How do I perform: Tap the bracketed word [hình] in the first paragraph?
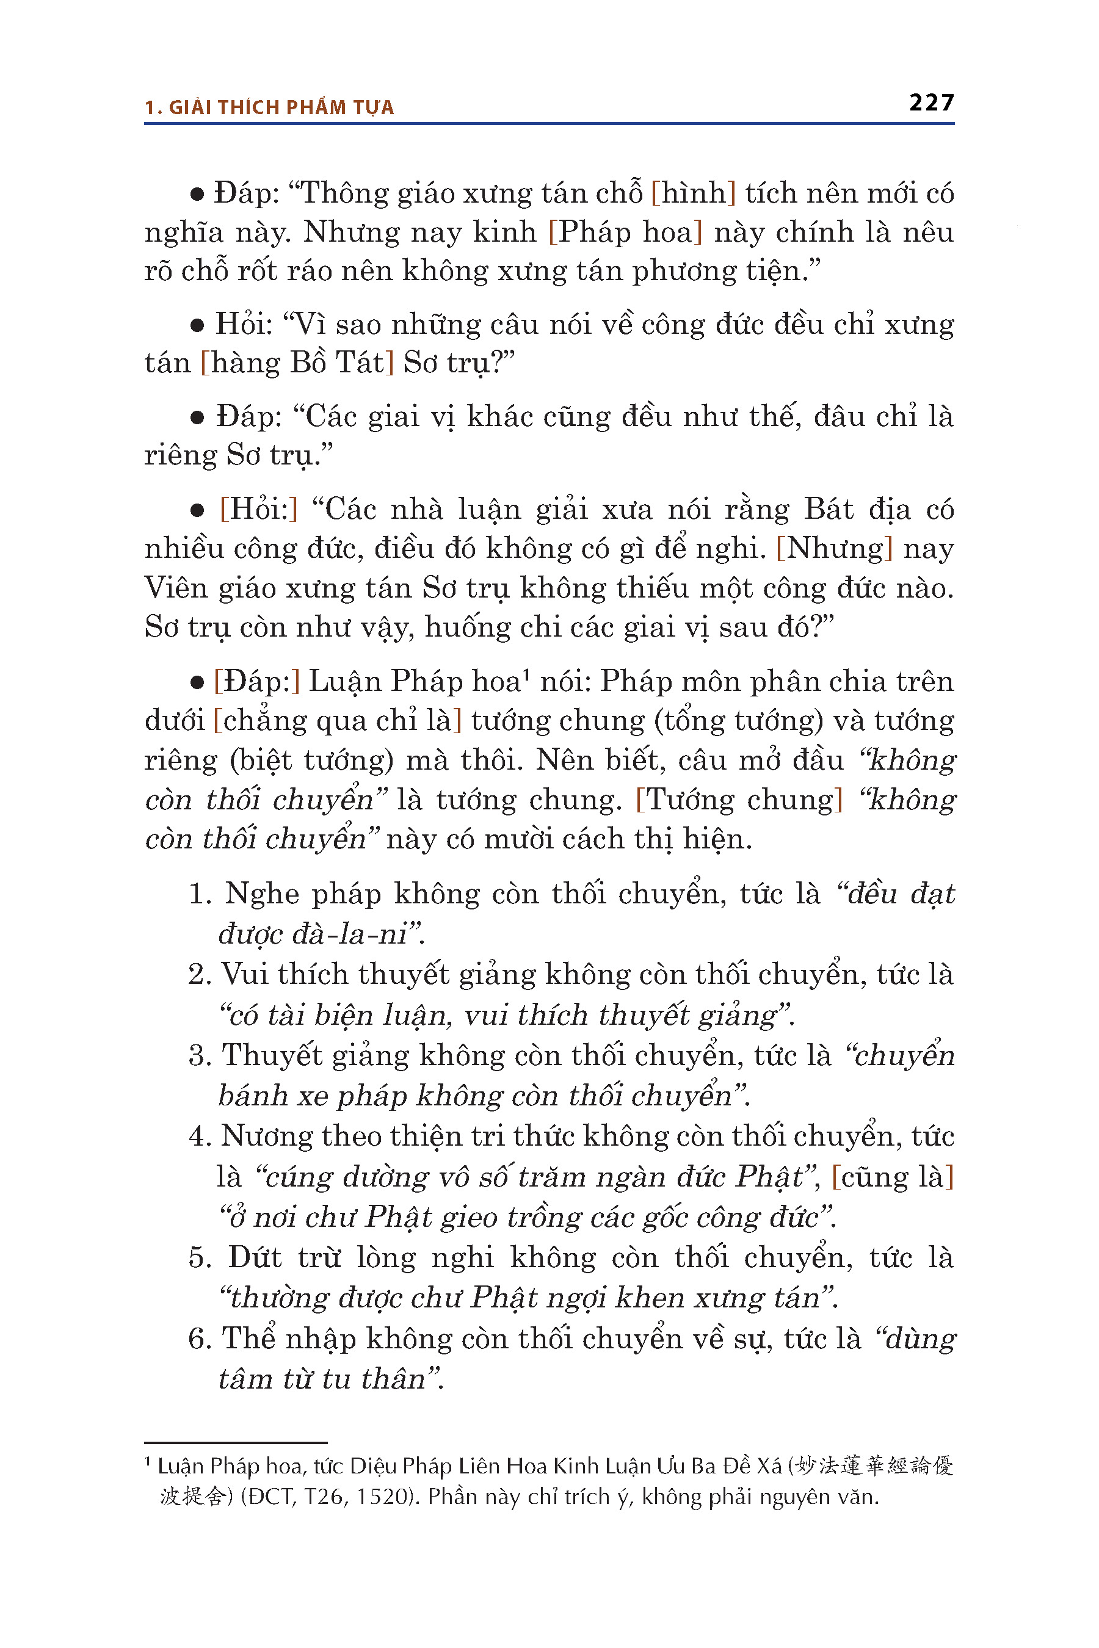coord(693,193)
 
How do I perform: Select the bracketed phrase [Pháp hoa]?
coord(625,232)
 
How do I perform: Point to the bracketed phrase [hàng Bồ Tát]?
coord(297,362)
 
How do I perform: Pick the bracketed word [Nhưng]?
coord(834,548)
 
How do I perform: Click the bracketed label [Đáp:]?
coord(256,681)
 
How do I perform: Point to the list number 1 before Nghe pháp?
coord(199,894)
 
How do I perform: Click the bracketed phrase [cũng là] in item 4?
coord(892,1177)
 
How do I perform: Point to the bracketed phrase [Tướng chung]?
coord(739,800)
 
